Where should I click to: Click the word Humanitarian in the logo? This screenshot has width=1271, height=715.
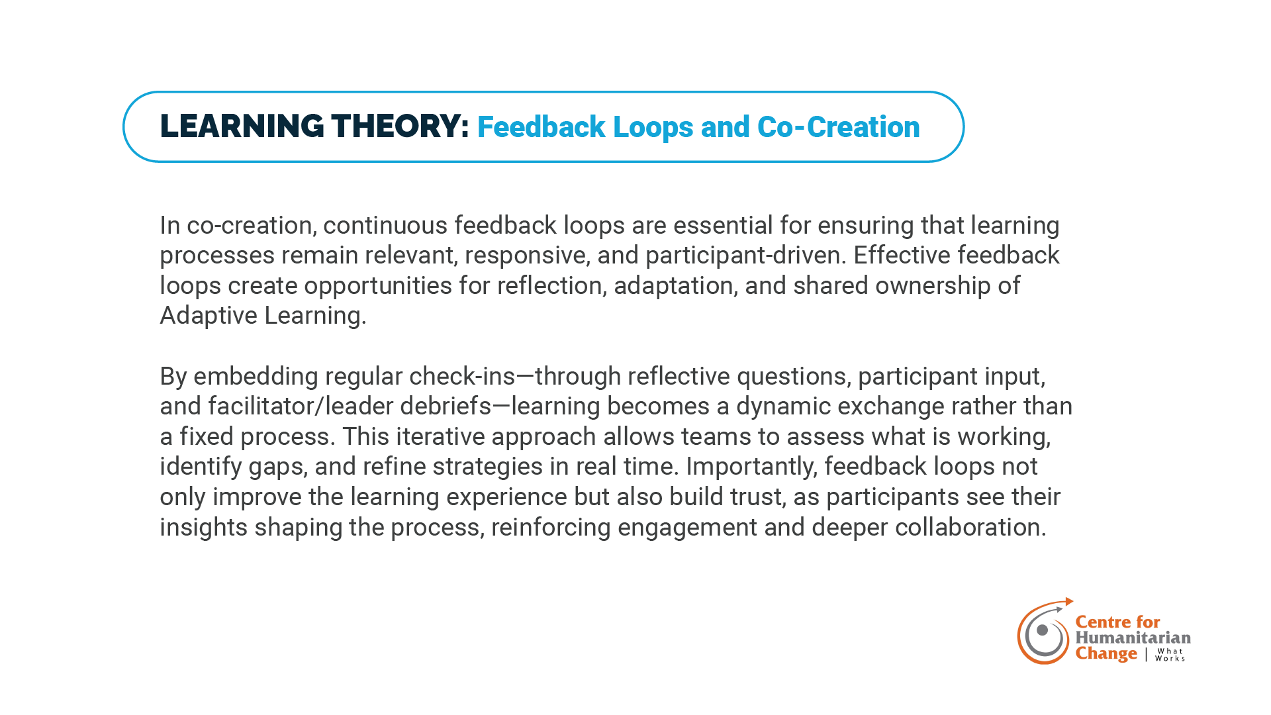coord(1133,638)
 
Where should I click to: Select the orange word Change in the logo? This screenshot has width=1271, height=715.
coord(1106,654)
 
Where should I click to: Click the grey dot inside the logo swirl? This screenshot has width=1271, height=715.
coord(1042,630)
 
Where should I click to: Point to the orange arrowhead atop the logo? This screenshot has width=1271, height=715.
coord(1069,602)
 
